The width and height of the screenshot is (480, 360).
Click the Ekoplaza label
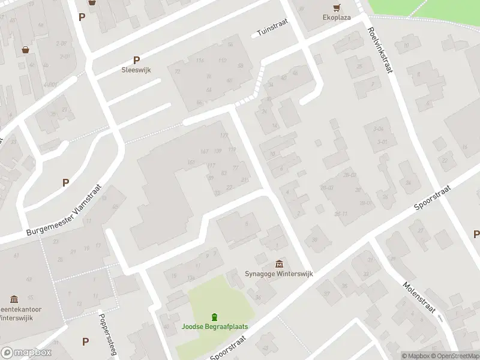(x=337, y=18)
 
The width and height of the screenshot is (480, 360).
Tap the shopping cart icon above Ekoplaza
(x=337, y=7)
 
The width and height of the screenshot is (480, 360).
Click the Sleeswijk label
(x=137, y=70)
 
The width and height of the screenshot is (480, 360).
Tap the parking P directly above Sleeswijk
(x=136, y=60)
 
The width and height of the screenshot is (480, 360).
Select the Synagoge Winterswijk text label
(x=279, y=274)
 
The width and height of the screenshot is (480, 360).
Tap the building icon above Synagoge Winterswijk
(x=279, y=264)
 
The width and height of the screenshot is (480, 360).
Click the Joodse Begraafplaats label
(x=215, y=327)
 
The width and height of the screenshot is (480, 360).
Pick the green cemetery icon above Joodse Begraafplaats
(x=214, y=317)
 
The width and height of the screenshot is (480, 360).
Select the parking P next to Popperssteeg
(x=85, y=341)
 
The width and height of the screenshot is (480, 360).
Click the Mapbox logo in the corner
(x=26, y=353)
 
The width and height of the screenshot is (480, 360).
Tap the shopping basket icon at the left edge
(x=26, y=50)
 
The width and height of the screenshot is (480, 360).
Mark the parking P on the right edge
(x=476, y=234)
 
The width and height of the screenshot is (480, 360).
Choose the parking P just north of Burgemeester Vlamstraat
(x=65, y=182)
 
